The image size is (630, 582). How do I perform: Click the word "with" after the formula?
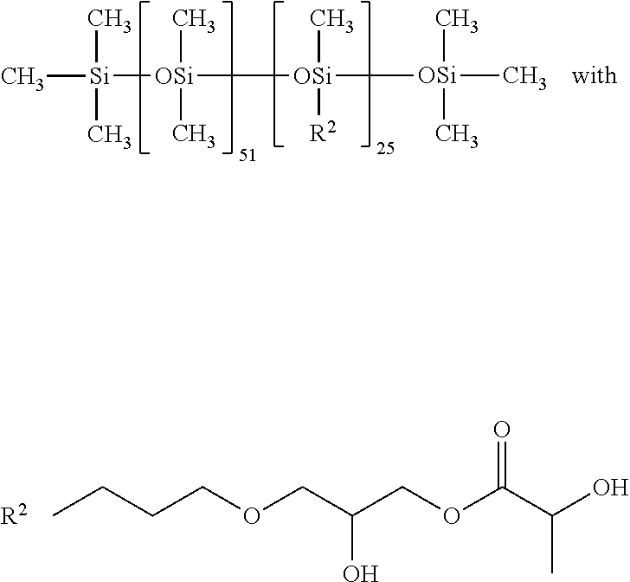595,75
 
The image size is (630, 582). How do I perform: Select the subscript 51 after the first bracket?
247,155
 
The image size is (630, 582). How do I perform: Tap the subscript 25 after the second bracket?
385,148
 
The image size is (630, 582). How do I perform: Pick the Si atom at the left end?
99,76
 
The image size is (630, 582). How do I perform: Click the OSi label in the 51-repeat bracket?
174,76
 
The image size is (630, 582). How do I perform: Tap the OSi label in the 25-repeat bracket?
312,76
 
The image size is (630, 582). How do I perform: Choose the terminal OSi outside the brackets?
437,76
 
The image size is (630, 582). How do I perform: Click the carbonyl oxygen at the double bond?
501,430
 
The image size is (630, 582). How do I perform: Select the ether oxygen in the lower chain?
252,515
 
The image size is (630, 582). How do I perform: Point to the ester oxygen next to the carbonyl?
451,515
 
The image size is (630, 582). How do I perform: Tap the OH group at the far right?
610,488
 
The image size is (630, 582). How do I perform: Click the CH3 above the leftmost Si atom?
109,20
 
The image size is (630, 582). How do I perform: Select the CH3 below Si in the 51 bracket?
194,133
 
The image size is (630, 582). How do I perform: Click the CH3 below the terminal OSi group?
457,133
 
